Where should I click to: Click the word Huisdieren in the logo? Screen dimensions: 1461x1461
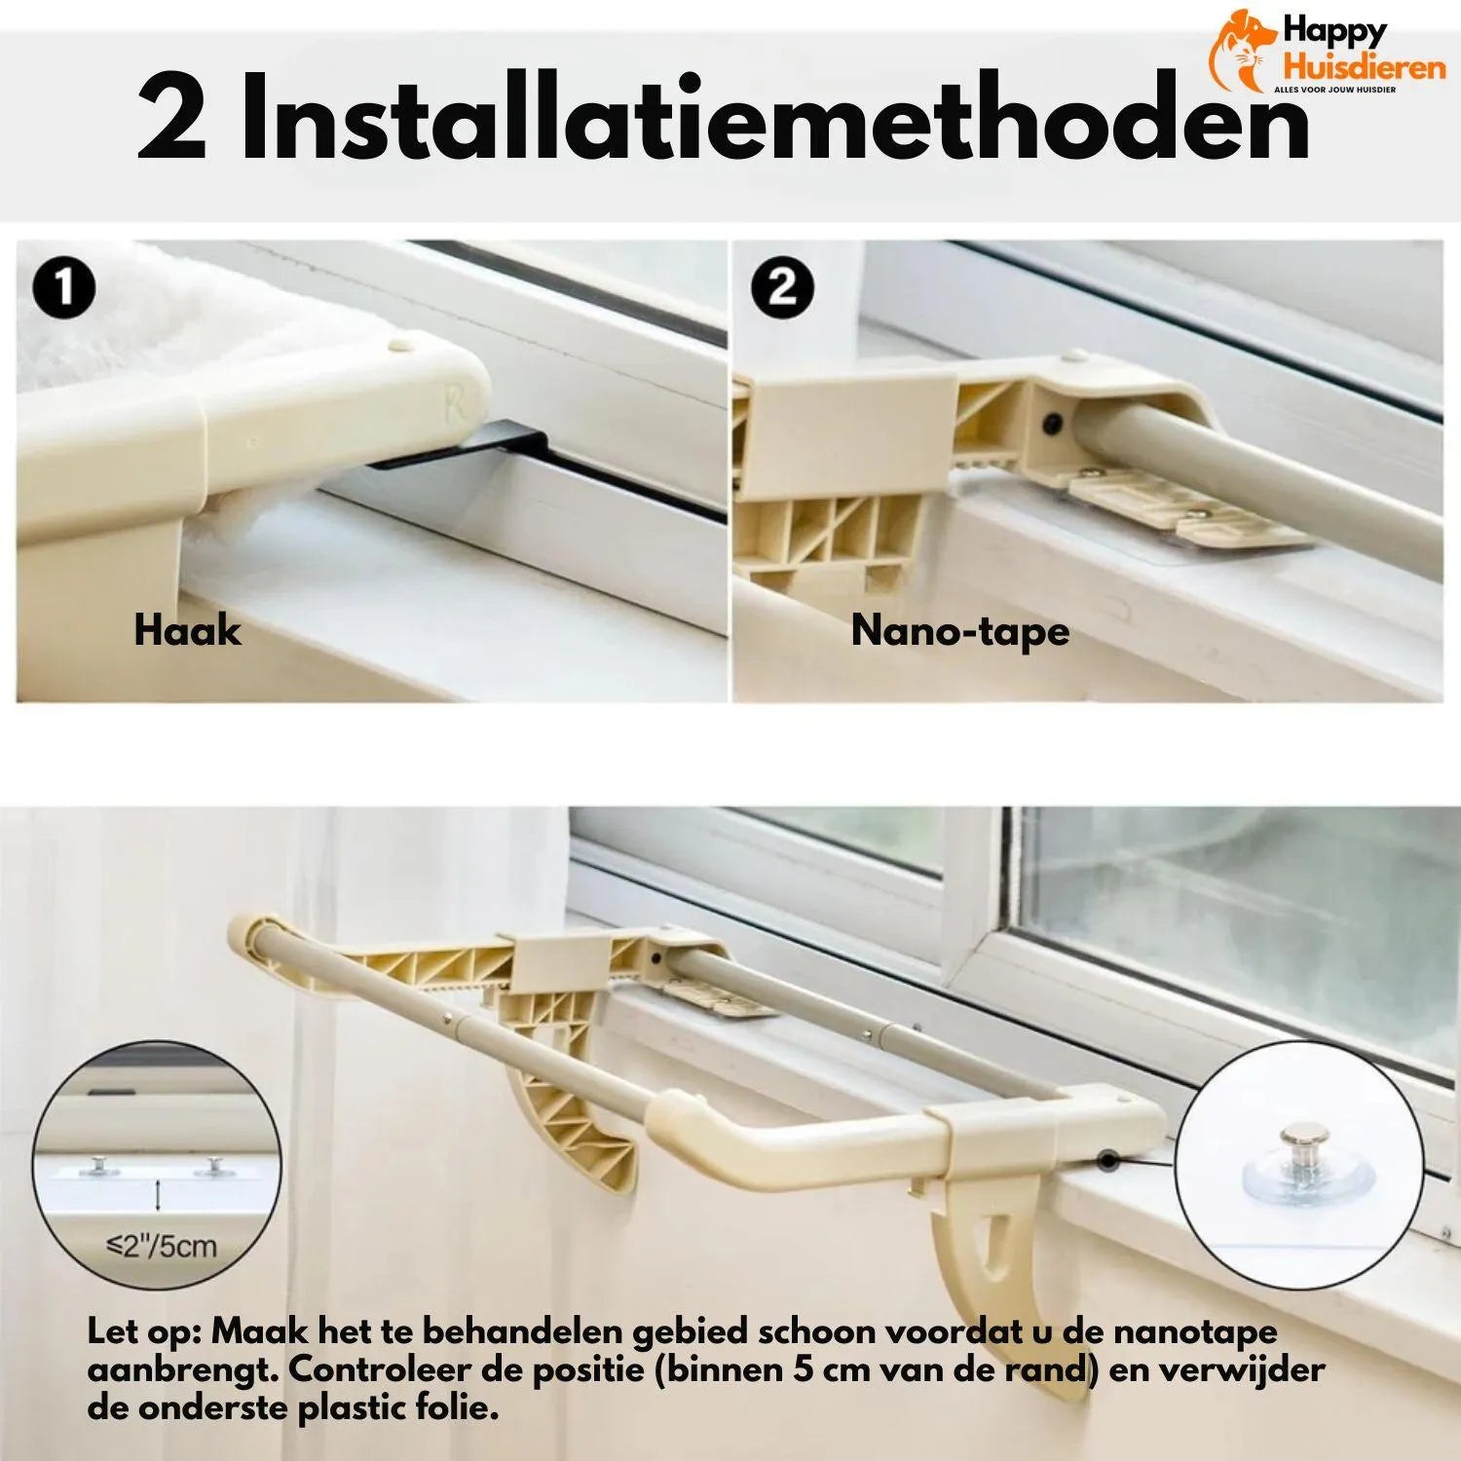point(1363,67)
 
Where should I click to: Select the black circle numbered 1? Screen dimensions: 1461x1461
point(63,288)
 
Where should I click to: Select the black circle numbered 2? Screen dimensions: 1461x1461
point(783,288)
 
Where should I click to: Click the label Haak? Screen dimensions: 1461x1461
point(187,630)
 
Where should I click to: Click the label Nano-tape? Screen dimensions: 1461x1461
point(960,630)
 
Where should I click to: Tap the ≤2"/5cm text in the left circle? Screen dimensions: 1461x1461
point(161,1245)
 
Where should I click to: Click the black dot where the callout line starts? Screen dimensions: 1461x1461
point(1107,1159)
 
